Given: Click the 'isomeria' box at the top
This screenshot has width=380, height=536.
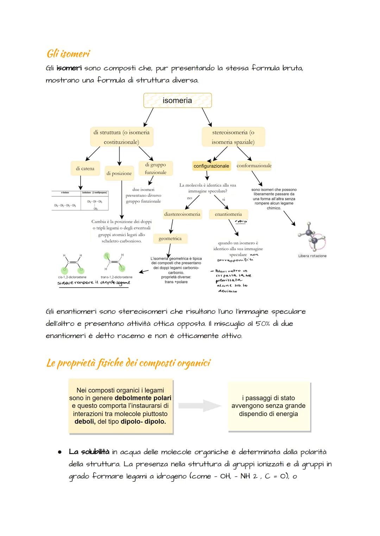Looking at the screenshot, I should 177,101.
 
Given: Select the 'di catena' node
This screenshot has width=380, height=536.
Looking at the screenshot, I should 85,169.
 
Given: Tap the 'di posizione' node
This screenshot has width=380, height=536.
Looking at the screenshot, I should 119,173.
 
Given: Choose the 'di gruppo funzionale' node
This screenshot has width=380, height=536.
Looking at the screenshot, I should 156,168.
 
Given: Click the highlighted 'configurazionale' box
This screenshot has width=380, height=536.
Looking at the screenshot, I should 211,166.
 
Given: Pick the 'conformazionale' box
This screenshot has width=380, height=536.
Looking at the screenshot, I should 254,166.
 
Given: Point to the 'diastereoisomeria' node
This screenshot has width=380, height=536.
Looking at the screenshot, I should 182,214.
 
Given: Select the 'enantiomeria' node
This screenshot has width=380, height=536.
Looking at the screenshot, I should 228,214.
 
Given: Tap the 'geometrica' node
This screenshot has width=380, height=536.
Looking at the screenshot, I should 170,239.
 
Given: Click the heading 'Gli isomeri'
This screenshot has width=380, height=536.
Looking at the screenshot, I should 68,54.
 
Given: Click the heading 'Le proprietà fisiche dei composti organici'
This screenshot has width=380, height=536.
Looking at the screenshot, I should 128,363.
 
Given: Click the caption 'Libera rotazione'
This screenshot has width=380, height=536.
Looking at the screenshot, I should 312,256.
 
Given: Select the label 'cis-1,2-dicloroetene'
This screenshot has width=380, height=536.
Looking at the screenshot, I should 72,277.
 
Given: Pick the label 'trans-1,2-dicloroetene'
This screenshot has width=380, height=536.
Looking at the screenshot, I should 116,277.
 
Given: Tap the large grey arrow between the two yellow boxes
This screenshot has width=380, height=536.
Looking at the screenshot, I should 201,406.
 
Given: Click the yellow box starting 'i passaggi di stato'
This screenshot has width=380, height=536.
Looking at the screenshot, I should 268,406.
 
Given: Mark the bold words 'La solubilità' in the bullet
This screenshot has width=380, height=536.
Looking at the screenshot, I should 89,452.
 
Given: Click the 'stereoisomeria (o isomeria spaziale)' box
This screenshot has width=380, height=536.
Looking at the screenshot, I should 233,137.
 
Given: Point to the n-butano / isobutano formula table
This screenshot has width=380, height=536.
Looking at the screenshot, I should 80,200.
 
